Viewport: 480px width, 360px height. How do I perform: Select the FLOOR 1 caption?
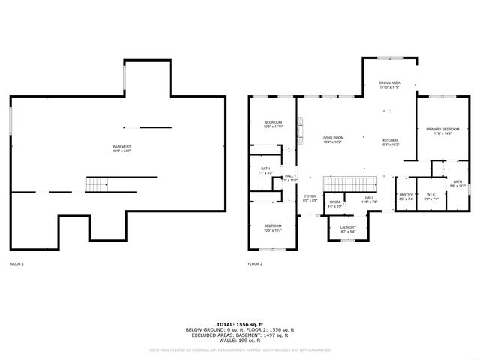[16, 264]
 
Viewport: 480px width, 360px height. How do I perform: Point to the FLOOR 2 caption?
[255, 264]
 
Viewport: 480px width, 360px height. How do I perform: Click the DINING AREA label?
[388, 85]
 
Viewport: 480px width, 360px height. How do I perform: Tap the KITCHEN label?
[390, 142]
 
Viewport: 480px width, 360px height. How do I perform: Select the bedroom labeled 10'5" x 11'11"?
[273, 124]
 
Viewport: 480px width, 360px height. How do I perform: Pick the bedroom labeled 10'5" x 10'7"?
[273, 228]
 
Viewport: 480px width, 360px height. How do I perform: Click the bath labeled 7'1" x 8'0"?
[265, 171]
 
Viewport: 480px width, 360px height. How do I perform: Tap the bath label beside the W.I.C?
[457, 184]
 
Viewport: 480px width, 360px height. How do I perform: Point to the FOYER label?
[310, 199]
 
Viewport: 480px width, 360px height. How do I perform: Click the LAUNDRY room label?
[347, 229]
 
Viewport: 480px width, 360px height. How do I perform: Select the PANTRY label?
[406, 196]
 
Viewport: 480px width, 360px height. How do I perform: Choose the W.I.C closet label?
[431, 196]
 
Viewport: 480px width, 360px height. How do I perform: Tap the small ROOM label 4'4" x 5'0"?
[334, 203]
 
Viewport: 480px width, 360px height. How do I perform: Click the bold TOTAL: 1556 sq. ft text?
[239, 324]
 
